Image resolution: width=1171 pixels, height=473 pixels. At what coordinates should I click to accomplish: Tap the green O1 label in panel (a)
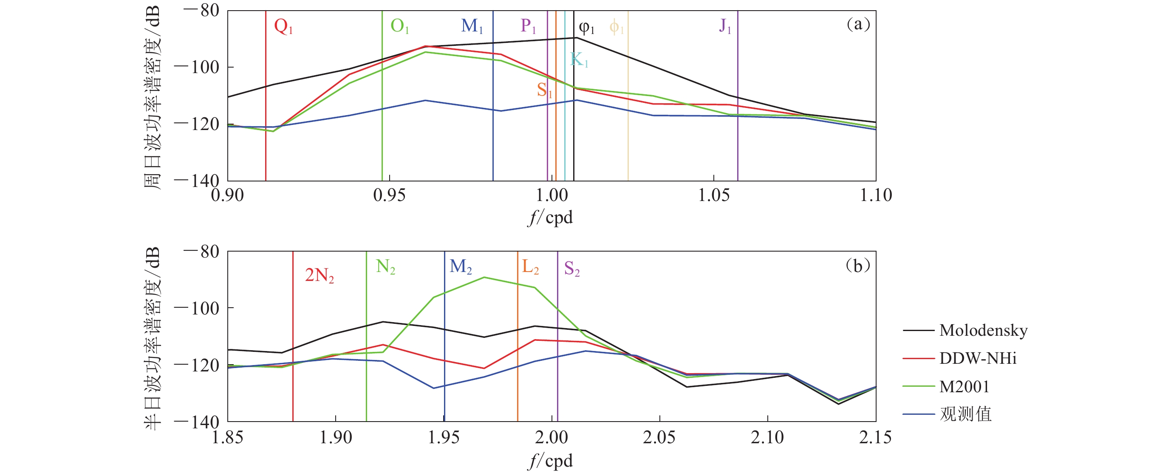(x=399, y=26)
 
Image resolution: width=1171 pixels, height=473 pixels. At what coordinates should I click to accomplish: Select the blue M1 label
(x=471, y=26)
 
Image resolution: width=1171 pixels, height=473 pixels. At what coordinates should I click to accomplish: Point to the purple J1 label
(x=725, y=26)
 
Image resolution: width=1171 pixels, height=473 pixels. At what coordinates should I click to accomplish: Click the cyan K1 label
(x=579, y=59)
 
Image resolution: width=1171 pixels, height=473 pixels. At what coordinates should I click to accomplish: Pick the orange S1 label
(x=544, y=90)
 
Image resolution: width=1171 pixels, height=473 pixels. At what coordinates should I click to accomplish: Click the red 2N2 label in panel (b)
(x=319, y=275)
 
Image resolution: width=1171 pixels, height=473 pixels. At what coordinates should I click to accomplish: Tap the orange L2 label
(x=530, y=266)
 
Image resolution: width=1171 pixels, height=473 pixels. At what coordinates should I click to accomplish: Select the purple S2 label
(x=571, y=269)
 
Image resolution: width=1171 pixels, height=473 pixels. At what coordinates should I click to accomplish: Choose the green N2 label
(x=385, y=266)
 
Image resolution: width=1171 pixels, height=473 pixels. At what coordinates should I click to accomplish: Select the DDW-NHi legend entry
(x=977, y=358)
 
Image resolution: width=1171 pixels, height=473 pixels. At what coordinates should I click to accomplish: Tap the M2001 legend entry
(x=964, y=387)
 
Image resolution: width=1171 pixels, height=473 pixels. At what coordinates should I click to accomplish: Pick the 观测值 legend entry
(x=965, y=414)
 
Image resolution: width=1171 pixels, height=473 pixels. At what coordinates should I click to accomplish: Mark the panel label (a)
(x=857, y=24)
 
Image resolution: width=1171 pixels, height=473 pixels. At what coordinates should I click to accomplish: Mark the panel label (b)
(x=857, y=266)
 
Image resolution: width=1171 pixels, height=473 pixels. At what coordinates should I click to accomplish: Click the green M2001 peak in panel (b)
(x=484, y=277)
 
